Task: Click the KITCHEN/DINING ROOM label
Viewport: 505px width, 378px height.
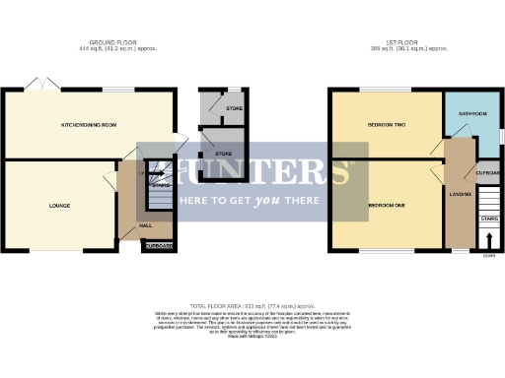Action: (90, 126)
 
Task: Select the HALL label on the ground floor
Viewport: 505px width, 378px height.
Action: (145, 225)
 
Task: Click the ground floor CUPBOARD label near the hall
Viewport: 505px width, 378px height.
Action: (159, 246)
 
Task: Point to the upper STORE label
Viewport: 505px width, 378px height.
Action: (234, 108)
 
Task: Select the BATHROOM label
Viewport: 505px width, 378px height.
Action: (472, 113)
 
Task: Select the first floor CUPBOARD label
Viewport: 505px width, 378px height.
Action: (487, 173)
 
